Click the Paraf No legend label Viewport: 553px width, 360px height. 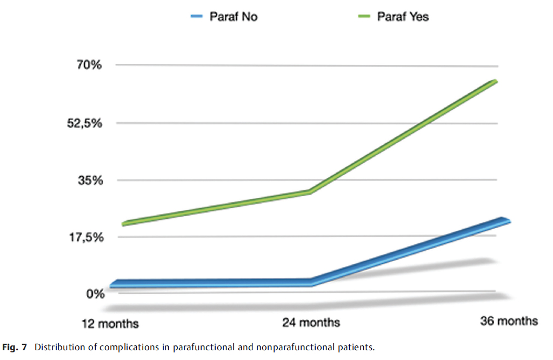tap(234, 17)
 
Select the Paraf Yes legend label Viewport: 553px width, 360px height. tap(403, 17)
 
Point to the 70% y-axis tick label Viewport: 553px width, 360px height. tap(89, 66)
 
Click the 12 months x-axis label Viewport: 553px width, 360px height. tap(110, 324)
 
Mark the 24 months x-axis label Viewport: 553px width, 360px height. tap(311, 323)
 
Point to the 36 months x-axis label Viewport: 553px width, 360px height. tap(509, 321)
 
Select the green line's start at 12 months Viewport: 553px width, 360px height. tap(124, 224)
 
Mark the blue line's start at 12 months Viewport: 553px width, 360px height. tap(112, 285)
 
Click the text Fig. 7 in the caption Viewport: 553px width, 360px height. tap(17, 347)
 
